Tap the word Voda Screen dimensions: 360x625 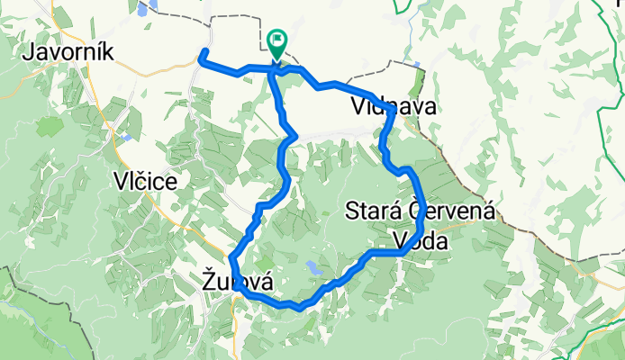tap(420, 240)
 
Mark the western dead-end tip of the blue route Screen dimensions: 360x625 tap(203, 50)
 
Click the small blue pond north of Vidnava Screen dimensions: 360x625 tap(417, 65)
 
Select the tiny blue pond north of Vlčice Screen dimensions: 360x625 tap(129, 138)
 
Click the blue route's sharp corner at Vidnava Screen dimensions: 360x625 tap(393, 108)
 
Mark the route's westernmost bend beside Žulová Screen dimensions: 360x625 tap(233, 261)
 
